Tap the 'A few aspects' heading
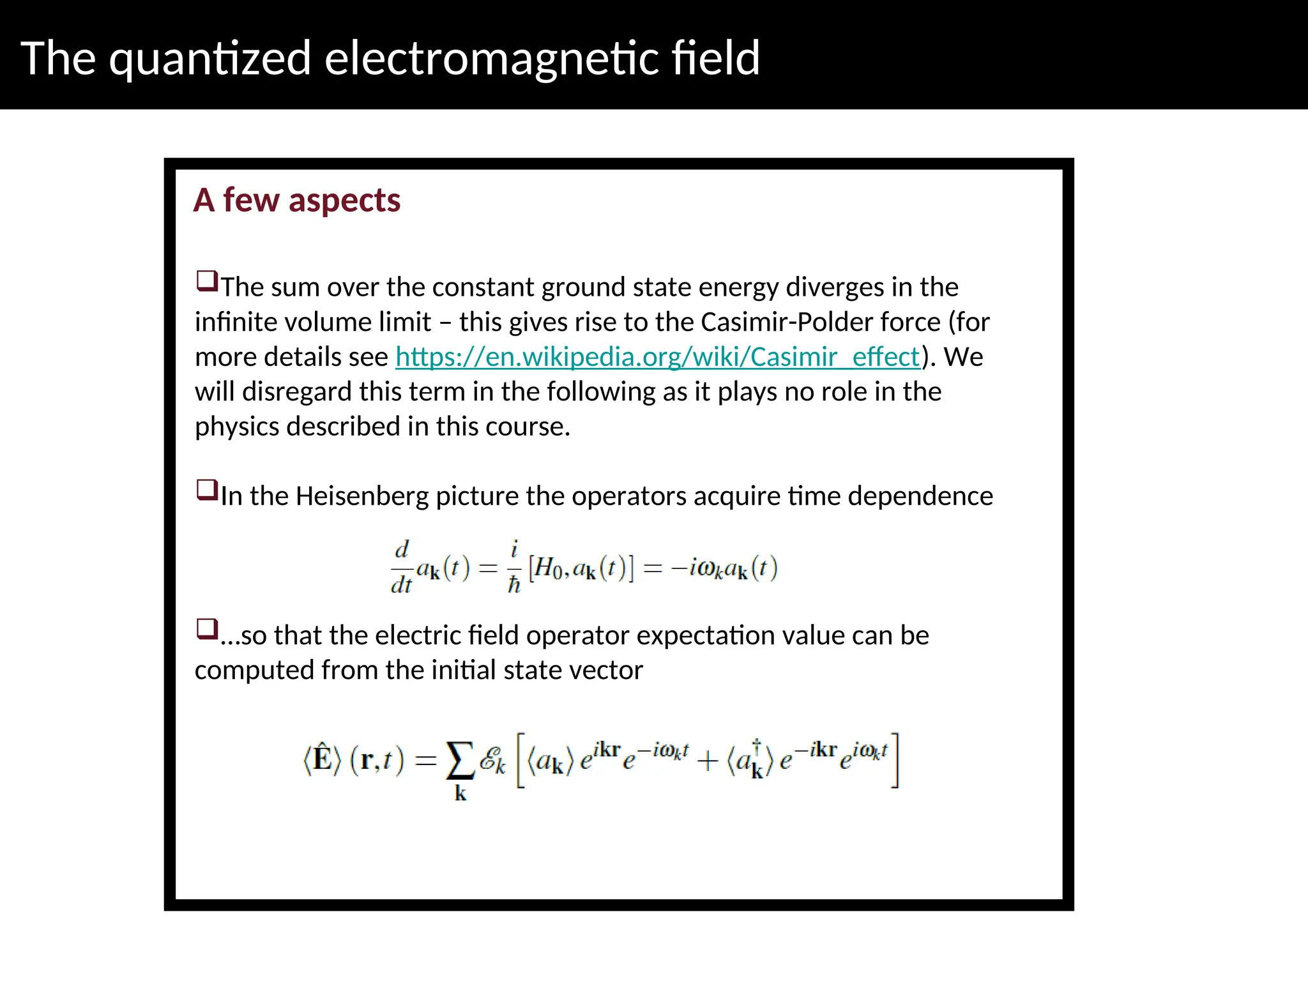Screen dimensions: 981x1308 (x=297, y=201)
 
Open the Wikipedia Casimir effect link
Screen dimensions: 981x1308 (x=658, y=356)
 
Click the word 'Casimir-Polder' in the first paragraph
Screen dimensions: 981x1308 (x=820, y=322)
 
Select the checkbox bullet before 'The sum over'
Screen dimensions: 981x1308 (x=207, y=281)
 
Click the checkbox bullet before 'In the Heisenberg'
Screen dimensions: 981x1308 (x=207, y=490)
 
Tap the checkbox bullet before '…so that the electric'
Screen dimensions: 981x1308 (x=207, y=629)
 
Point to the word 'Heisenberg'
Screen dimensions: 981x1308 (x=361, y=496)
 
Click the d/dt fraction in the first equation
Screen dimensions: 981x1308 (x=402, y=567)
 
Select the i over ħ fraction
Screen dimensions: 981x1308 (x=514, y=567)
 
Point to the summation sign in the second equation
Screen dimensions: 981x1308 (x=460, y=761)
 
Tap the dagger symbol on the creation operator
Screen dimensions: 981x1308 (x=757, y=745)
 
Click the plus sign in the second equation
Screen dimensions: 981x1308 (x=708, y=761)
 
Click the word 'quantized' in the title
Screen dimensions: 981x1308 (x=210, y=59)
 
